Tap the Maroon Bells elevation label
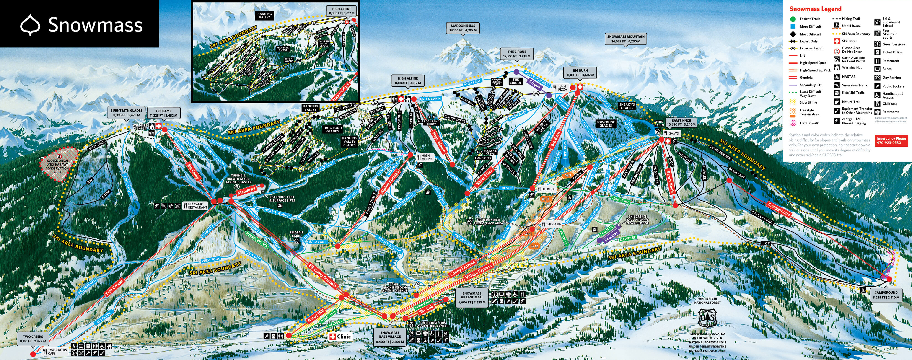(x=463, y=28)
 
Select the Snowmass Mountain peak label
(x=626, y=39)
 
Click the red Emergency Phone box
(x=891, y=140)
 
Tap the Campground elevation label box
(x=886, y=295)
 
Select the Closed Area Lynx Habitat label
(x=57, y=166)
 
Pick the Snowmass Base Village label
(x=390, y=337)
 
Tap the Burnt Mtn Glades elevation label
(x=126, y=113)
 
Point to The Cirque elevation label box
(x=517, y=54)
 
